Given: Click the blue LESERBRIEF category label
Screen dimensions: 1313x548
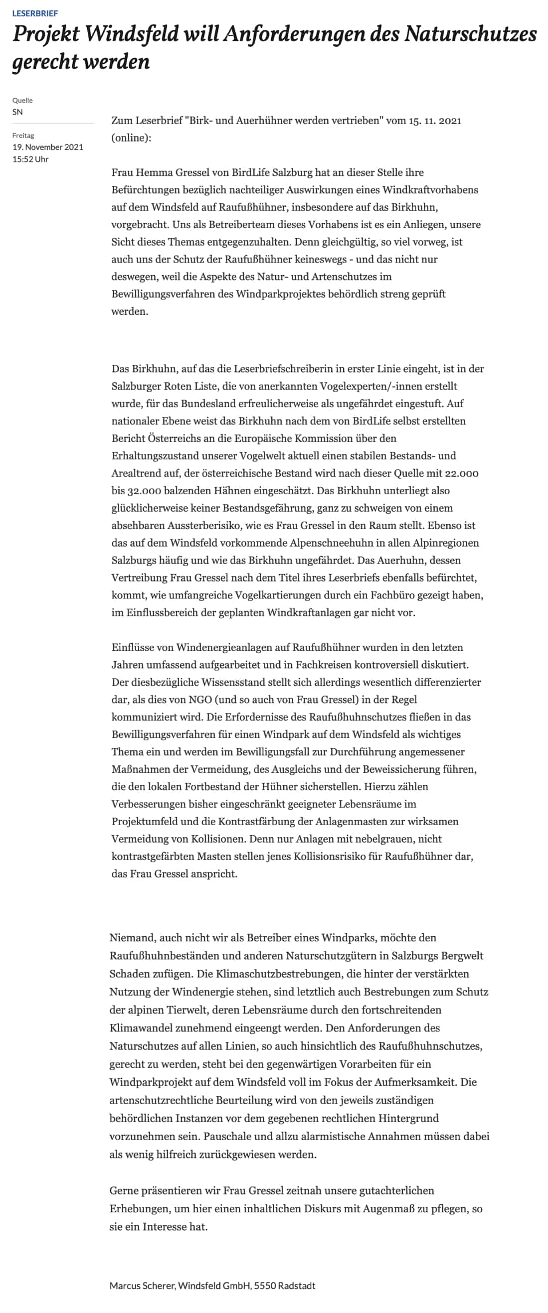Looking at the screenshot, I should click(x=35, y=13).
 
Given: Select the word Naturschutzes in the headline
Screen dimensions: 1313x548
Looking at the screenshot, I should click(x=470, y=34).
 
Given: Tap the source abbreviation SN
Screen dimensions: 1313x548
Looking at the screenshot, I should click(x=17, y=112).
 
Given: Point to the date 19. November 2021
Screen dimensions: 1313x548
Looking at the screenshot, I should click(x=47, y=147).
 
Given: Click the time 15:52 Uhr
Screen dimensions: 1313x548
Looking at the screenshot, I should click(x=30, y=159).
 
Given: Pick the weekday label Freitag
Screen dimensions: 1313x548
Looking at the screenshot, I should click(x=23, y=136).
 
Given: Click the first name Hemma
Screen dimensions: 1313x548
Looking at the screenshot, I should click(x=152, y=172).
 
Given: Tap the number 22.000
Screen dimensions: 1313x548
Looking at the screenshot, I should click(x=461, y=473).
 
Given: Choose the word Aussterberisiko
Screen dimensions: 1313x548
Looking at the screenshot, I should click(x=207, y=525).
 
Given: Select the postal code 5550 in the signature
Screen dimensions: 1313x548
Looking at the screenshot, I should click(x=265, y=1286).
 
